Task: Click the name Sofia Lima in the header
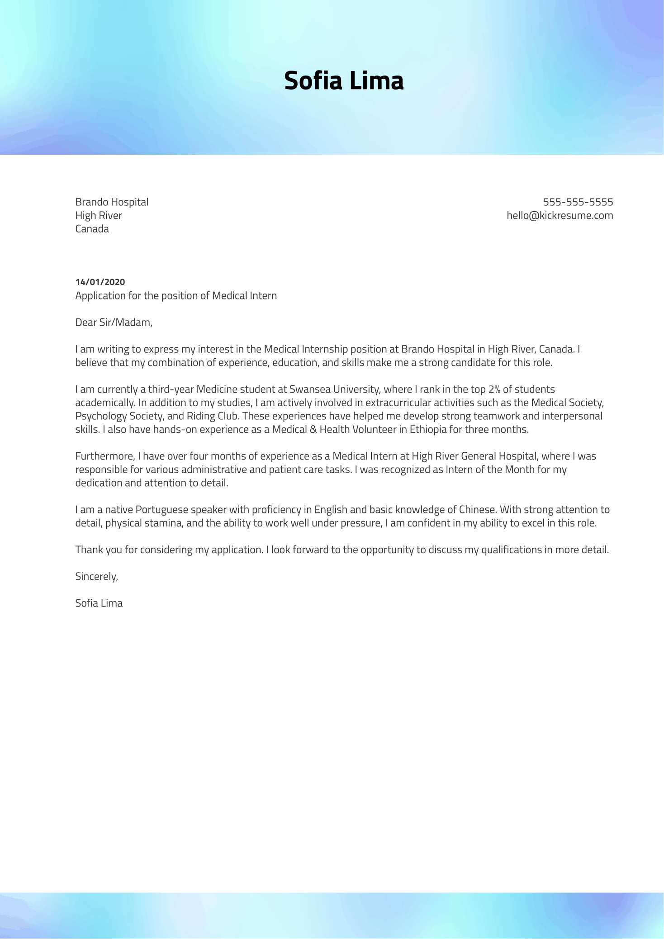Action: (x=343, y=81)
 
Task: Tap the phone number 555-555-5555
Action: (x=578, y=202)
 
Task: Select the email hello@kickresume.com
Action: (x=560, y=215)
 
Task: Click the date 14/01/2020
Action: (x=100, y=282)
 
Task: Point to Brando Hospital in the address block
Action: (x=112, y=202)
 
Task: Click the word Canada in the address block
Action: (x=92, y=229)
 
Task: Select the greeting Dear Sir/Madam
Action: (x=114, y=322)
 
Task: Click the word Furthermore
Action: (x=105, y=456)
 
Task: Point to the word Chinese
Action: (x=478, y=510)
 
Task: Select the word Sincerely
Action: (x=96, y=577)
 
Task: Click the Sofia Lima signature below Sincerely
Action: (x=99, y=603)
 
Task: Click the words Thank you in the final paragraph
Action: (x=92, y=550)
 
